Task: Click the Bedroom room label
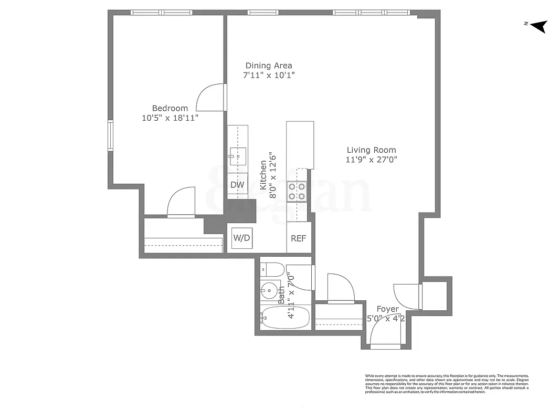click(x=170, y=108)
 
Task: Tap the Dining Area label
click(x=269, y=66)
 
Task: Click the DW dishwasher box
click(x=237, y=185)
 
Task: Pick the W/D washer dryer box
click(x=242, y=238)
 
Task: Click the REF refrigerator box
click(x=298, y=238)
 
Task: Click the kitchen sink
click(x=238, y=155)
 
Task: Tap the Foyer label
click(x=388, y=309)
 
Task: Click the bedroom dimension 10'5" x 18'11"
click(x=170, y=118)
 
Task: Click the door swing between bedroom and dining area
click(x=209, y=98)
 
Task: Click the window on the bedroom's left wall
click(x=111, y=136)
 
